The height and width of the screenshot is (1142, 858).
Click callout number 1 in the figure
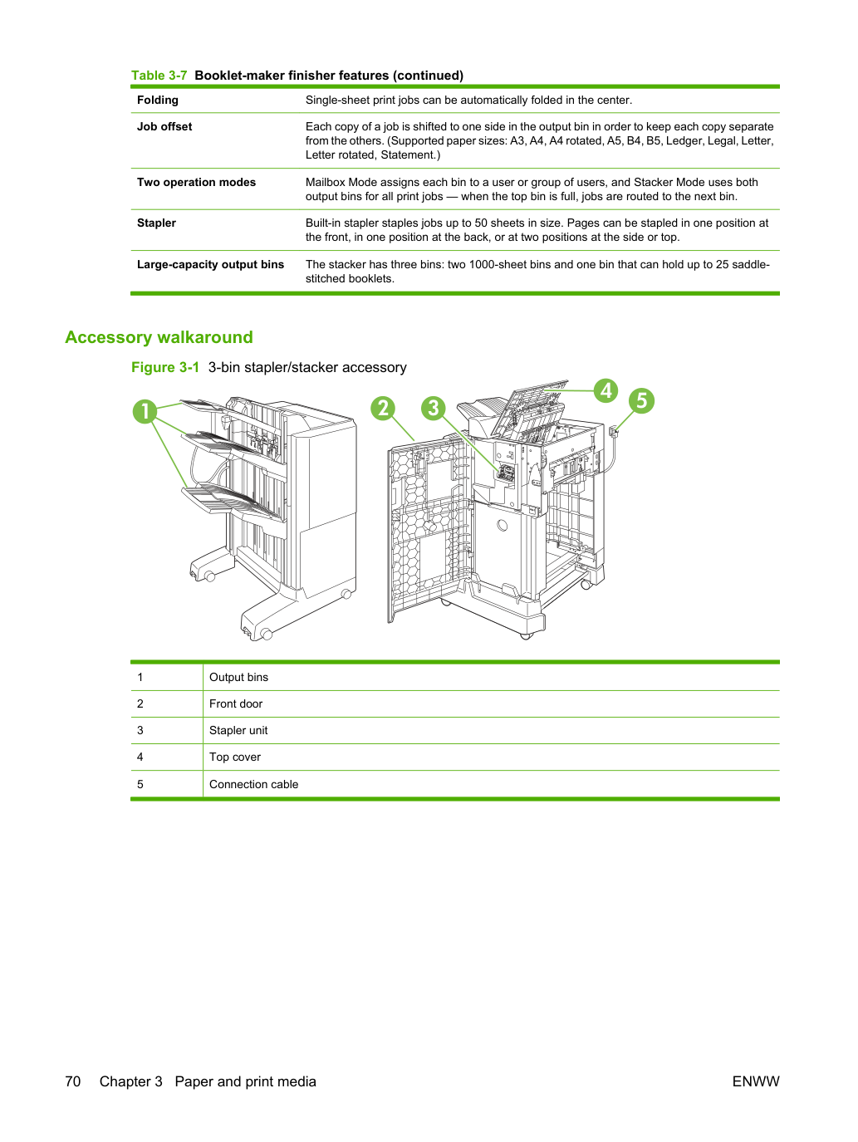(145, 411)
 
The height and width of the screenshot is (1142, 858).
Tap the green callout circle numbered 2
(384, 409)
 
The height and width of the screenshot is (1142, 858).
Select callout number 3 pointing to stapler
(434, 409)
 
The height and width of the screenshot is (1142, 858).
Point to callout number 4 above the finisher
(606, 390)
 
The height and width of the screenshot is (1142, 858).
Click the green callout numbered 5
(641, 400)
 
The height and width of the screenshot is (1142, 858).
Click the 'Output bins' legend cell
(239, 677)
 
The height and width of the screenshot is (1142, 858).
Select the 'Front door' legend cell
(236, 703)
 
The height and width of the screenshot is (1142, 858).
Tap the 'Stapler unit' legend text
(238, 730)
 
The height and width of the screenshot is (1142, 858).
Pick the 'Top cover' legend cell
(235, 757)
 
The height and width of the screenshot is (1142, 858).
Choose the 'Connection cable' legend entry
(254, 784)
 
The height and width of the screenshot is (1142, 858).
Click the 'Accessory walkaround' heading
(159, 337)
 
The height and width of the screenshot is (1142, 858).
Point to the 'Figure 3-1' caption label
(165, 367)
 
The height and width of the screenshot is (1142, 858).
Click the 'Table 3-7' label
(159, 76)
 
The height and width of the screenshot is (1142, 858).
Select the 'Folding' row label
(158, 100)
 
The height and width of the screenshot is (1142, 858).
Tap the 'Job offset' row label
(164, 126)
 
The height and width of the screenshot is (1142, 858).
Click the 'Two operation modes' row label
(196, 182)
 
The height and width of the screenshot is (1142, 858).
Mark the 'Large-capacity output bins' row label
(210, 264)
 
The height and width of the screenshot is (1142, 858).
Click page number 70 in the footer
(73, 1081)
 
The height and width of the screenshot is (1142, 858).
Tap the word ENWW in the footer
(756, 1081)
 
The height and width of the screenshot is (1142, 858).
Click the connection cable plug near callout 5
(614, 431)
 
